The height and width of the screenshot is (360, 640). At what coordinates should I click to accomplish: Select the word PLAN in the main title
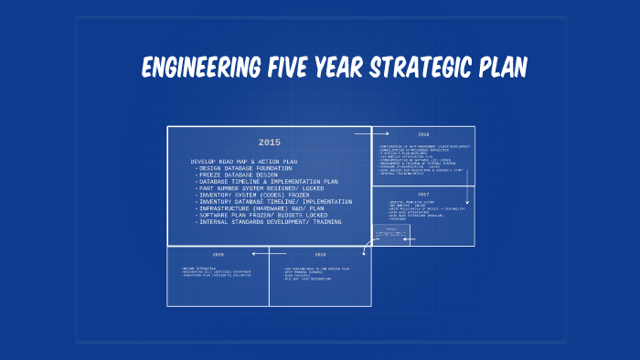tap(507, 69)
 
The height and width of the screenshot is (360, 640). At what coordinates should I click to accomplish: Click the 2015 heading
tap(269, 143)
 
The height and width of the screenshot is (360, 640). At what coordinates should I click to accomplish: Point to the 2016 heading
tap(423, 134)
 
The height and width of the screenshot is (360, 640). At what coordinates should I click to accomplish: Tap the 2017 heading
tap(423, 195)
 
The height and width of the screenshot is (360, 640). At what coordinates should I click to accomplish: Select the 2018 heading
tap(320, 255)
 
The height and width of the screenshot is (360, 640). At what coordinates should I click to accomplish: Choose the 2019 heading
tap(218, 255)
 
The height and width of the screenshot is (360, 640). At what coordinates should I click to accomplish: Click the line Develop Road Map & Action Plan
tap(245, 162)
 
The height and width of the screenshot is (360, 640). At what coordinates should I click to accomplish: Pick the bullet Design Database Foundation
tap(248, 168)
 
